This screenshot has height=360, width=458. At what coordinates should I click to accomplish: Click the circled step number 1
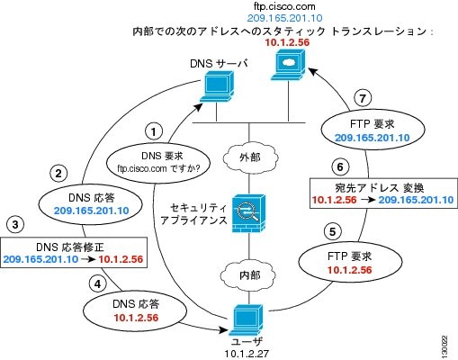pyautogui.click(x=154, y=131)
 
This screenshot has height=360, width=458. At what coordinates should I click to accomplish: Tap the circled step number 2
pyautogui.click(x=58, y=174)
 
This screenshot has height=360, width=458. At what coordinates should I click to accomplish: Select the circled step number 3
pyautogui.click(x=15, y=224)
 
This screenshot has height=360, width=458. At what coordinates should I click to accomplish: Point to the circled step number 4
pyautogui.click(x=98, y=283)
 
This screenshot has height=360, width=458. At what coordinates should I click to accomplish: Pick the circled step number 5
pyautogui.click(x=333, y=231)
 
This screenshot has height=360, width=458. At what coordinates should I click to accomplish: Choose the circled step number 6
pyautogui.click(x=340, y=166)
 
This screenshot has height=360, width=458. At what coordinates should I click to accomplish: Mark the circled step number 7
pyautogui.click(x=363, y=98)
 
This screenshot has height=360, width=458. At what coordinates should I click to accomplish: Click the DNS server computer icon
pyautogui.click(x=217, y=86)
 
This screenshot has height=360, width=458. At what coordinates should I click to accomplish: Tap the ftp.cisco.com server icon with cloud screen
pyautogui.click(x=289, y=65)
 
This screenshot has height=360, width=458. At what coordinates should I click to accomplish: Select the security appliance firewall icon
pyautogui.click(x=249, y=213)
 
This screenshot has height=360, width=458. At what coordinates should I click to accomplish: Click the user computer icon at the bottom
pyautogui.click(x=246, y=320)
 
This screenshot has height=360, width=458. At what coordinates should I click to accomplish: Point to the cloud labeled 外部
pyautogui.click(x=250, y=157)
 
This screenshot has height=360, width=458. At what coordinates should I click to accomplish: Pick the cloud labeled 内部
pyautogui.click(x=248, y=275)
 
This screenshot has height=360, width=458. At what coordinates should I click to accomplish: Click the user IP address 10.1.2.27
pyautogui.click(x=247, y=354)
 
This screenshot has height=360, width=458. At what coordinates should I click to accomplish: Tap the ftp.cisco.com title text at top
pyautogui.click(x=284, y=6)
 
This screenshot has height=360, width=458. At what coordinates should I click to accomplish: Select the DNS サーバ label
pyautogui.click(x=220, y=64)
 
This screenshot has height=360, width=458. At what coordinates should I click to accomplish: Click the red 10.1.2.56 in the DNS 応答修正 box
pyautogui.click(x=121, y=259)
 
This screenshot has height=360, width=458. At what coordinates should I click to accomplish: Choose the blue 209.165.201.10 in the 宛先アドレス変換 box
pyautogui.click(x=416, y=200)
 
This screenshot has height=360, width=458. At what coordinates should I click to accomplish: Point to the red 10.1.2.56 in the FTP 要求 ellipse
pyautogui.click(x=349, y=270)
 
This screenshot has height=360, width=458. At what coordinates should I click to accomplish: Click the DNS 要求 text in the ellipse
pyautogui.click(x=162, y=156)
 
